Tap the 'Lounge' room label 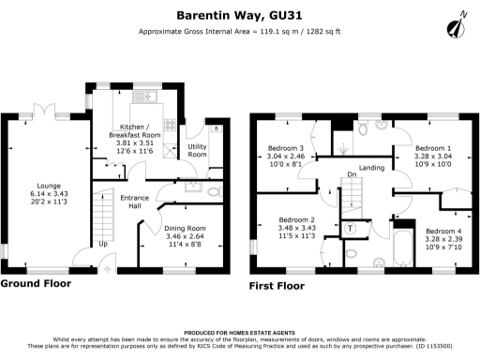[x=48, y=186]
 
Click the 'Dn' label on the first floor [x=352, y=175]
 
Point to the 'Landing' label [x=372, y=168]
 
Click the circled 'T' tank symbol [x=351, y=228]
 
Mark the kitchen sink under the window [x=144, y=97]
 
